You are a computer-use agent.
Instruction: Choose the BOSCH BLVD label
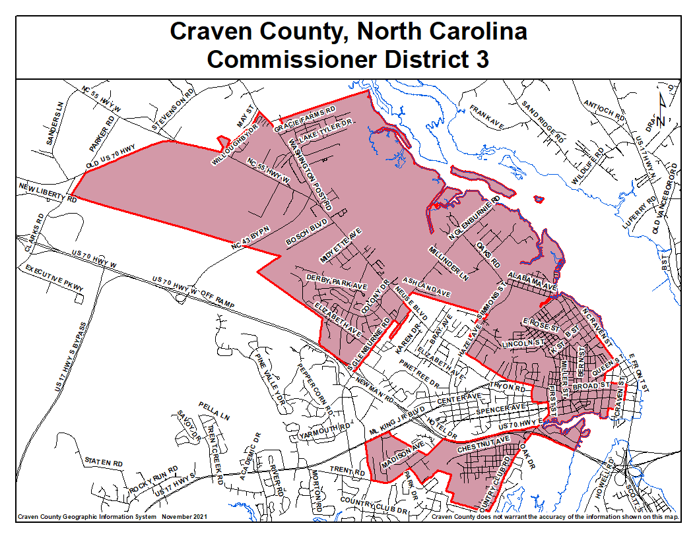pos(306,233)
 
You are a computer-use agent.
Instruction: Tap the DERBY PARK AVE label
pos(337,284)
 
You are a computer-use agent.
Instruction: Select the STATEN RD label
pos(104,462)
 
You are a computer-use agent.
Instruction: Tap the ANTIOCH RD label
pos(605,109)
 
